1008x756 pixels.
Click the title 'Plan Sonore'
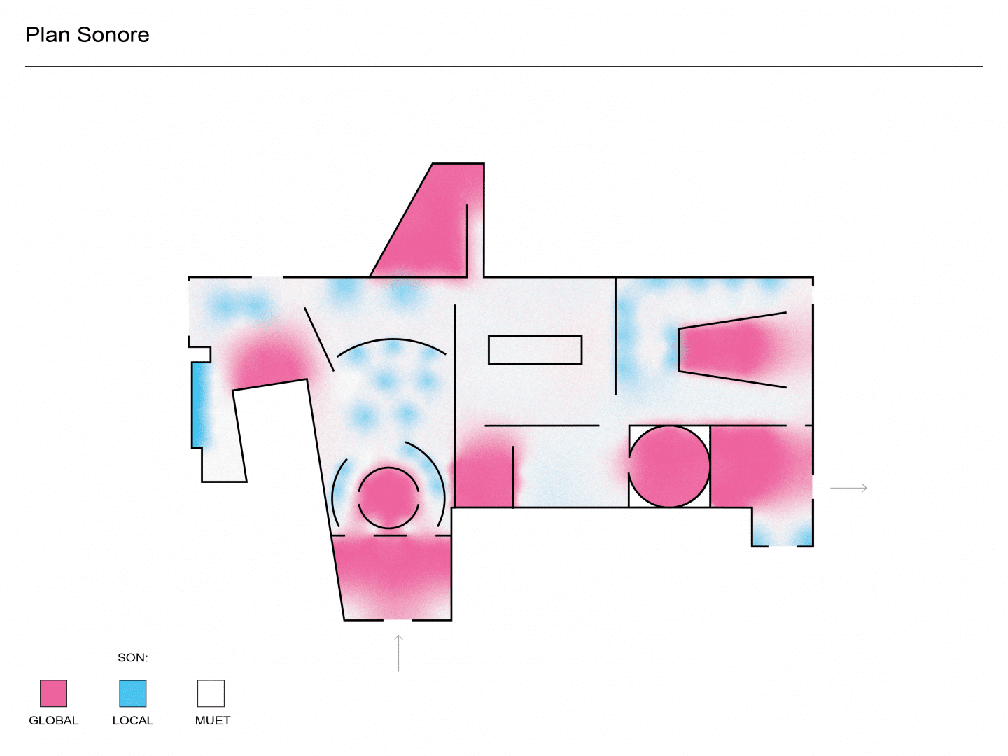coord(87,35)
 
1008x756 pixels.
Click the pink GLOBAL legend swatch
coord(54,693)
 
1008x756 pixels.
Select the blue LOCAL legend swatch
coord(133,693)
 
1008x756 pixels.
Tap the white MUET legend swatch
coord(211,693)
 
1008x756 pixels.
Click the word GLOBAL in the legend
coord(54,721)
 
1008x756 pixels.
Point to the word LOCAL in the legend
coord(133,721)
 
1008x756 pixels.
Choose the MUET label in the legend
coord(213,721)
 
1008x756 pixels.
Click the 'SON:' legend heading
coord(133,658)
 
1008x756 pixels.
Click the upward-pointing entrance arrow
coord(398,653)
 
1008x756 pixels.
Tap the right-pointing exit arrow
coord(848,488)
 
